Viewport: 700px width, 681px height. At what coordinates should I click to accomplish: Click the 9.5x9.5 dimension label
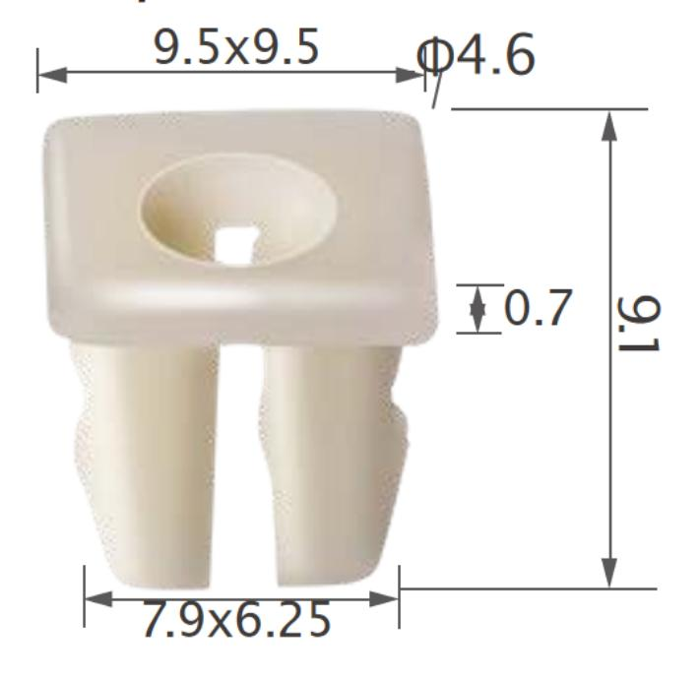[x=236, y=48]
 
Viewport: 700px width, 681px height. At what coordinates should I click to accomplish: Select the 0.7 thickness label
[x=537, y=310]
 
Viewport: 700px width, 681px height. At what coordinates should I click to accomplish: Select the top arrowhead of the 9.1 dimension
[x=610, y=124]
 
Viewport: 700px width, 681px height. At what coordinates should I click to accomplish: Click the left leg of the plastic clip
[x=148, y=453]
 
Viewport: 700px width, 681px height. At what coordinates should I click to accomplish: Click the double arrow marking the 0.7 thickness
[x=478, y=309]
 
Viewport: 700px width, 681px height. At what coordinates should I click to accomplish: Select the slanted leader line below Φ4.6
[x=433, y=92]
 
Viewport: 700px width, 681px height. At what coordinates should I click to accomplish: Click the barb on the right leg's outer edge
[x=400, y=433]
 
